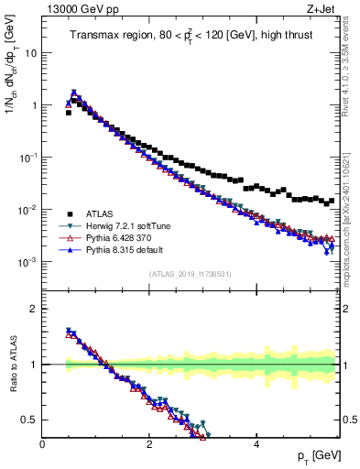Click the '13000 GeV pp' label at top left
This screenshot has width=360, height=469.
pos(73,7)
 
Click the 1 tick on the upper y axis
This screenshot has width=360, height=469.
pos(35,105)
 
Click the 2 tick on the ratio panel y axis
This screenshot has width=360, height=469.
pos(35,309)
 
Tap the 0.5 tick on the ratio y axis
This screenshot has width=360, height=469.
pos(31,420)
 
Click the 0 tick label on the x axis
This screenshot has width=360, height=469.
pos(42,444)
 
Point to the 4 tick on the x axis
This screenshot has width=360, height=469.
pos(256,444)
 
